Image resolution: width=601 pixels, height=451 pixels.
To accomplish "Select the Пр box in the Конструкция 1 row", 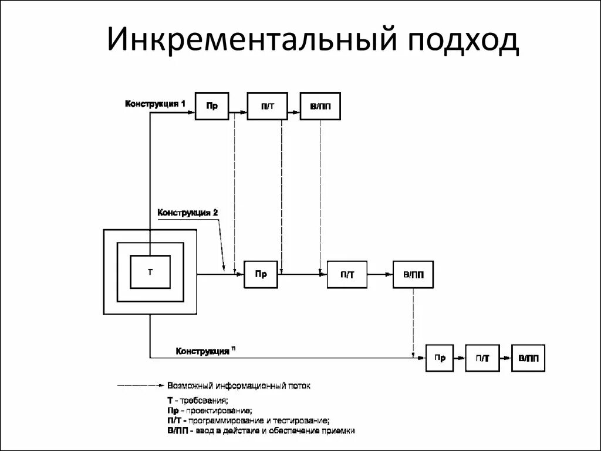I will tap(212, 106).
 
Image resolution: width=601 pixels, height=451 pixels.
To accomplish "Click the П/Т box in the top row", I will tap(268, 106).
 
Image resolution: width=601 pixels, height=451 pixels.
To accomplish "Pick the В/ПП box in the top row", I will tap(320, 106).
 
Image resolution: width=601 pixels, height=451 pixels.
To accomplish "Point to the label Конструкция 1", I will tap(155, 104).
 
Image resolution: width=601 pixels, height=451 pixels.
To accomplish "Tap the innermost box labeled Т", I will tap(150, 272).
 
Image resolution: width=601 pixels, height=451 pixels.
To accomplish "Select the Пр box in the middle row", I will tap(261, 274).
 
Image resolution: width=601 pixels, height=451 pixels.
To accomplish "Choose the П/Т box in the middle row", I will tap(348, 274).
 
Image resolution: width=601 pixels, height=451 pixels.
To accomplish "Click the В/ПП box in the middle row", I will tap(413, 274).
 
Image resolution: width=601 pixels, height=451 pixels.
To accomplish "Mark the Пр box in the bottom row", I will tap(440, 358).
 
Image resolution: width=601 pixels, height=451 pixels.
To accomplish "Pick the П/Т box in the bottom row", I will tap(482, 358).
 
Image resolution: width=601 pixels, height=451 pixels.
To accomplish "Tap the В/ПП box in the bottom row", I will tap(528, 358).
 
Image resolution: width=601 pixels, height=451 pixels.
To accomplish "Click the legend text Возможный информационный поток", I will tap(239, 386).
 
